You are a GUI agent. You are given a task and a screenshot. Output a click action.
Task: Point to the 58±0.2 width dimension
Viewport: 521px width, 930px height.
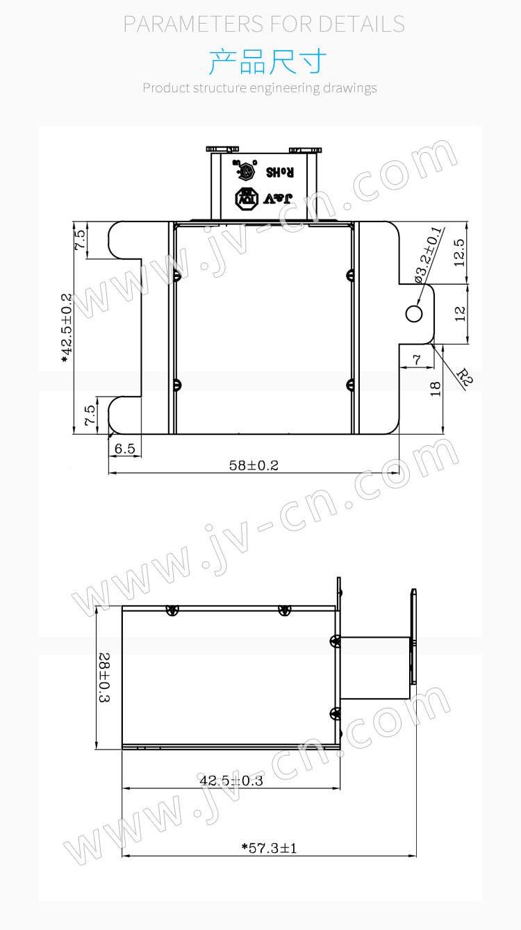point(254,465)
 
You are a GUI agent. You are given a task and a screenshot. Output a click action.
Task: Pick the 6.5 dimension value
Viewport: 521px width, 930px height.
point(125,449)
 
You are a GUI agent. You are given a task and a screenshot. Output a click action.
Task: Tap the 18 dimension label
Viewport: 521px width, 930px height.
point(436,389)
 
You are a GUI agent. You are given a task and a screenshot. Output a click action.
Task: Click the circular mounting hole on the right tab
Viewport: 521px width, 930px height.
point(413,314)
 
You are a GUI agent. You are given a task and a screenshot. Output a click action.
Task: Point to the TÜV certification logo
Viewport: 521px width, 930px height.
point(246,199)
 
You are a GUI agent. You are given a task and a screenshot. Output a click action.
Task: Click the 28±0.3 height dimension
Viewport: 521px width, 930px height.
point(105,676)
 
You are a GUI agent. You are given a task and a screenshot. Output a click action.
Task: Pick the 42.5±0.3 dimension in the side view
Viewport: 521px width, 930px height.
point(231,781)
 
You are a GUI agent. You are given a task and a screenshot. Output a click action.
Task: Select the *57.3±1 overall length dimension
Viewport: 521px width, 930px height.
point(269,848)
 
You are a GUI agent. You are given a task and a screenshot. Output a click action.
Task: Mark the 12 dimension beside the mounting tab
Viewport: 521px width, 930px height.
point(458,314)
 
